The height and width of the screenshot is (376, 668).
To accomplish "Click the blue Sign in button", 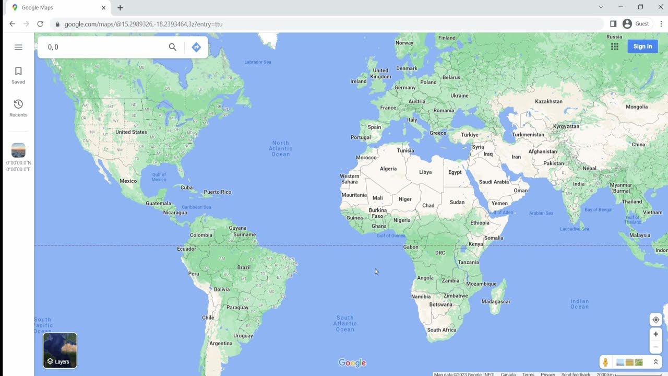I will pos(642,46).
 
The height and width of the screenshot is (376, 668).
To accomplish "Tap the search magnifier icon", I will pos(173,47).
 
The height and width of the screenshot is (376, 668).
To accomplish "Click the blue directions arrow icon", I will pos(196,47).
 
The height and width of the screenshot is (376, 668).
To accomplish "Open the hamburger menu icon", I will pos(18,47).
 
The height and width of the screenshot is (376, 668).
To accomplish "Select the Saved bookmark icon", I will pos(18,72).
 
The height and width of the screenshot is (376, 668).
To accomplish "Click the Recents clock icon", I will pos(18,104).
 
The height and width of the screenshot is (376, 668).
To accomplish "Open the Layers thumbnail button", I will pos(60,350).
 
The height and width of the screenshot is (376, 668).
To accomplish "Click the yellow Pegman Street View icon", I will pos(605,362).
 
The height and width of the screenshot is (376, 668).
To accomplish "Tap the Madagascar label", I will pos(496,301).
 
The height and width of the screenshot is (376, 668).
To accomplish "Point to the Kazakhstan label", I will pos(548,101).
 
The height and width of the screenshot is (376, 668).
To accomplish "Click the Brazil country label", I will pos(244,267).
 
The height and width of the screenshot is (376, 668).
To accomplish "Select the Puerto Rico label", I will pos(217,192).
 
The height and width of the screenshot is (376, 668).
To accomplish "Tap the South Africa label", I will pos(442,330).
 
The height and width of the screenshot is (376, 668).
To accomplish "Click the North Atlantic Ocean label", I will pos(280,148).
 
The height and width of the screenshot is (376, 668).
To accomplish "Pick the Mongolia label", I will pos(636,107).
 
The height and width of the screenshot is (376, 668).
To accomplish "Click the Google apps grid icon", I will pos(615,46).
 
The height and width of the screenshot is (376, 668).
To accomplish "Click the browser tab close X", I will pos(103,8).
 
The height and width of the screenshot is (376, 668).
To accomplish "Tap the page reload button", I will pos(40,24).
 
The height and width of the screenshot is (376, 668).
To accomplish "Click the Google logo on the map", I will pos(352,363).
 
